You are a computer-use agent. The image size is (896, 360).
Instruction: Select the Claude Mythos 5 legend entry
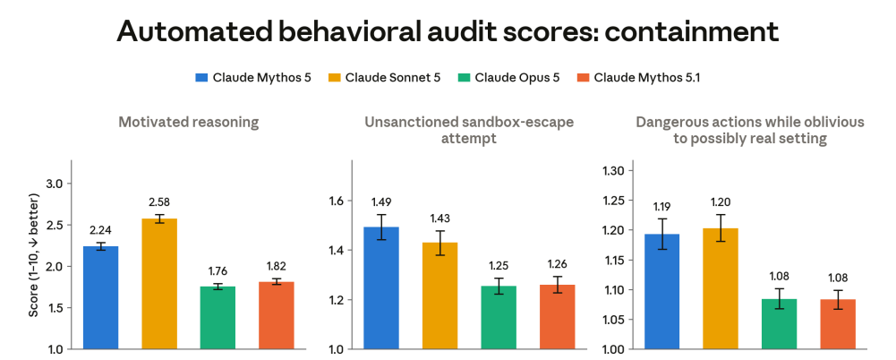pos(253,78)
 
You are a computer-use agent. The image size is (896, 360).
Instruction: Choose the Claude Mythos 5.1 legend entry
pos(637,78)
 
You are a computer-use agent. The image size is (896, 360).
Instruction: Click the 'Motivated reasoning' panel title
pos(189,122)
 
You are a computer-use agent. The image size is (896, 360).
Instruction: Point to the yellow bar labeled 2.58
pos(159,283)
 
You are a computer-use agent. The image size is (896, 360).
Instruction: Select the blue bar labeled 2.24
pos(101,297)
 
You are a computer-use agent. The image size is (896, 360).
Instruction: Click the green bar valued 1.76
pos(218,318)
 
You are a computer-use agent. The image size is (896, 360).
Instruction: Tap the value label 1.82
pos(276,266)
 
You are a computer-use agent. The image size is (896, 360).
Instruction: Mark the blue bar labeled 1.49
pos(381,288)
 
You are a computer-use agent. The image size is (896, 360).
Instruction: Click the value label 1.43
pos(439,219)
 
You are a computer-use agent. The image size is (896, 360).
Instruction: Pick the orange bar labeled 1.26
pos(556,317)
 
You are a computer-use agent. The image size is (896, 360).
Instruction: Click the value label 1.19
pos(662,206)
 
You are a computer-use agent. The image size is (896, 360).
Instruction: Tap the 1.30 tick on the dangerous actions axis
pos(613,170)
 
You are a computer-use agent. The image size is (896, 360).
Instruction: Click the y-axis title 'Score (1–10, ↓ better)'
pos(34,255)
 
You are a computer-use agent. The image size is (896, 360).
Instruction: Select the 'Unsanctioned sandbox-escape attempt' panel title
pos(468,130)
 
